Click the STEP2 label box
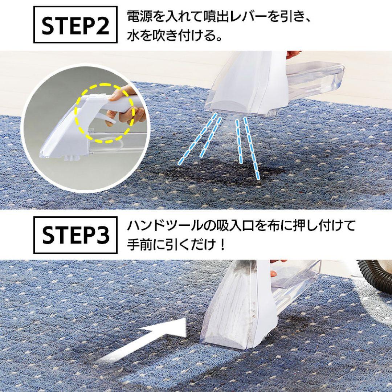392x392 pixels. tap(75, 25)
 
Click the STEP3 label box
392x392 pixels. tap(75, 235)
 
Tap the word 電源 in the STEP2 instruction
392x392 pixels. tap(143, 17)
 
